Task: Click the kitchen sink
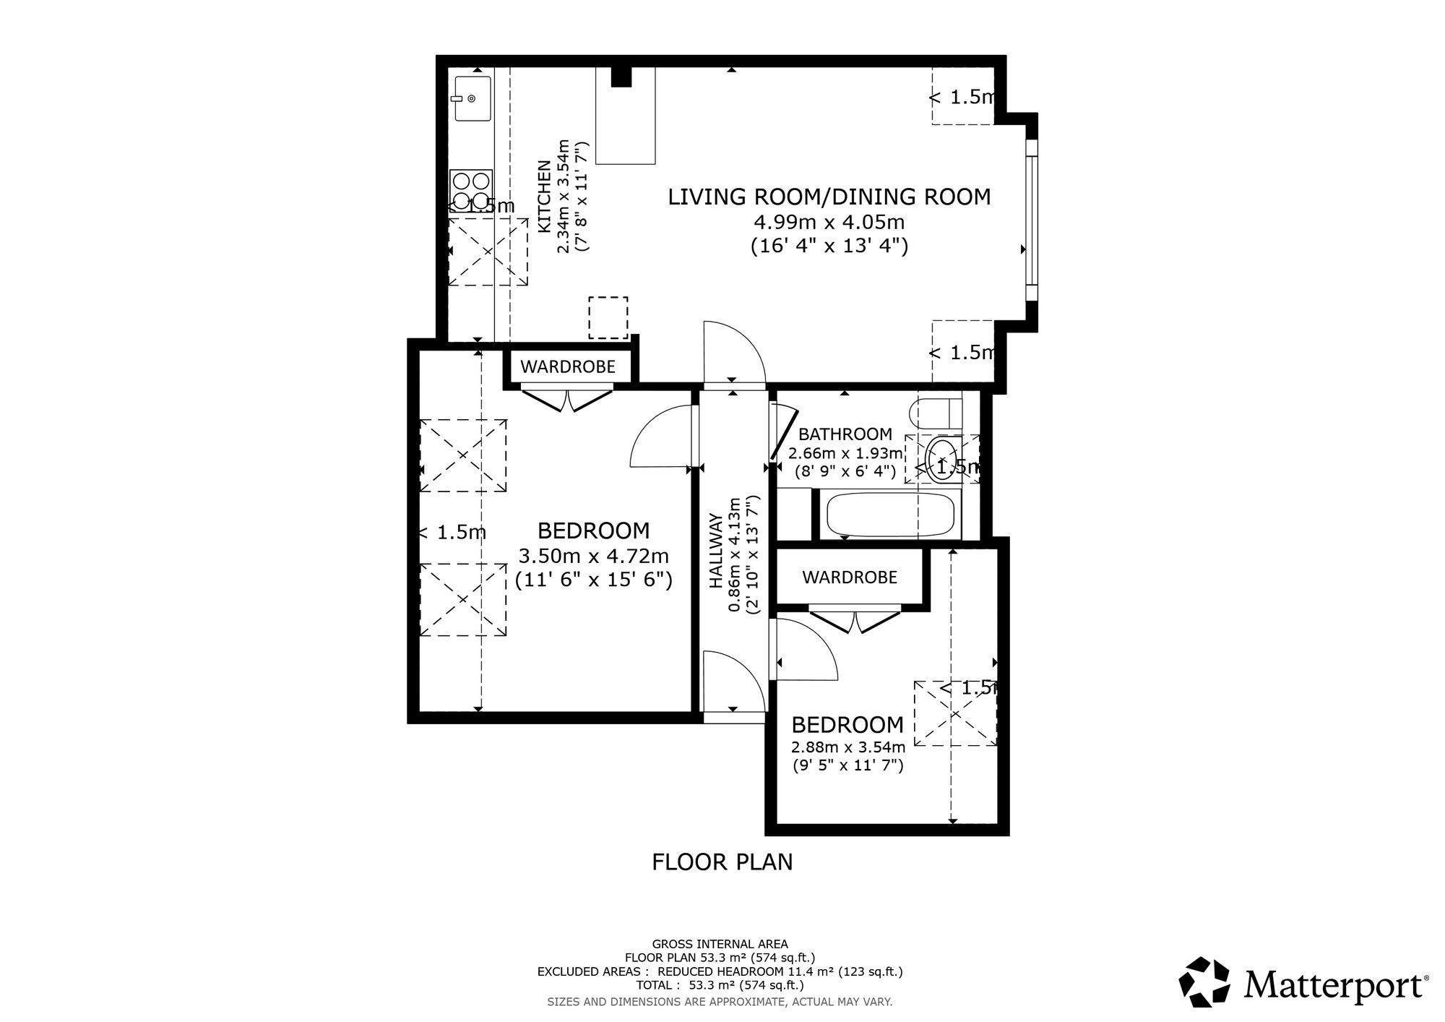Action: click(472, 98)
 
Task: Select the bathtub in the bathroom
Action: click(891, 514)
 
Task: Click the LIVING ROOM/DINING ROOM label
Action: click(829, 197)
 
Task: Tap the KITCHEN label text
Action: click(545, 196)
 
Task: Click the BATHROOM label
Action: click(845, 434)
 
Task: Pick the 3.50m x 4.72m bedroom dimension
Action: click(594, 557)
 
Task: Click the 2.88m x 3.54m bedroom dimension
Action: click(848, 747)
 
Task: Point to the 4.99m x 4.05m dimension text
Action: click(829, 221)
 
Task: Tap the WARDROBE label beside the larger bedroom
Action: click(568, 366)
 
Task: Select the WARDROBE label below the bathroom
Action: click(850, 577)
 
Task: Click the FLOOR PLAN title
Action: click(722, 862)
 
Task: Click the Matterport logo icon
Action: click(1204, 982)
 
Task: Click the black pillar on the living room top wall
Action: click(621, 76)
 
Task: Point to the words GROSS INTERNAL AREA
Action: click(720, 944)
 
